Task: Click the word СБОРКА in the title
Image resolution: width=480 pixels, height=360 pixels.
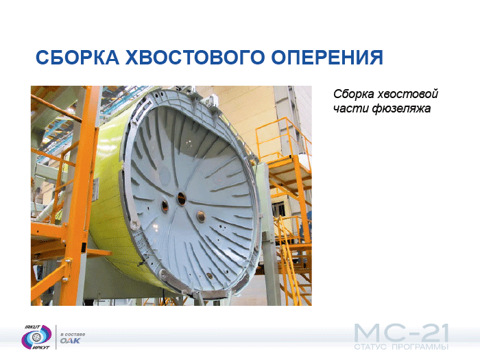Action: point(77,57)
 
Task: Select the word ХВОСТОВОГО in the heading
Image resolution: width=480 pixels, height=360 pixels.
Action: point(195,57)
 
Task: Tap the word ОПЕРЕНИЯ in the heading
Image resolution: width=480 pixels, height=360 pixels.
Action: point(327,57)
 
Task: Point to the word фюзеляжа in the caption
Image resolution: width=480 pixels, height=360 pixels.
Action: point(401,108)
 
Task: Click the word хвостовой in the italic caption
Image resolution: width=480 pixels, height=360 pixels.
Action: point(408,94)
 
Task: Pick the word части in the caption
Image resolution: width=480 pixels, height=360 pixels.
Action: point(351,108)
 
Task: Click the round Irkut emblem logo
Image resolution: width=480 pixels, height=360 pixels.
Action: point(36,337)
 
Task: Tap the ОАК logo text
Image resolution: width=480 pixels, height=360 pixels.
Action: point(71,341)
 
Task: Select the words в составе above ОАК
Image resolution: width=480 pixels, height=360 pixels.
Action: point(73,335)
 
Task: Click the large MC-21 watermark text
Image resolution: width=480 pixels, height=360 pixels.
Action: point(401,333)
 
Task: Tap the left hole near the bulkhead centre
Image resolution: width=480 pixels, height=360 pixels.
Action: point(165,206)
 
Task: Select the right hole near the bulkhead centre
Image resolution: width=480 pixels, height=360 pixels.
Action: point(200,216)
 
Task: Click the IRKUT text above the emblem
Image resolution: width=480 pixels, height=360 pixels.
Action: point(32,327)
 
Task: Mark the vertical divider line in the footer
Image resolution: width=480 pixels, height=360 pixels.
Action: point(56,337)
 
